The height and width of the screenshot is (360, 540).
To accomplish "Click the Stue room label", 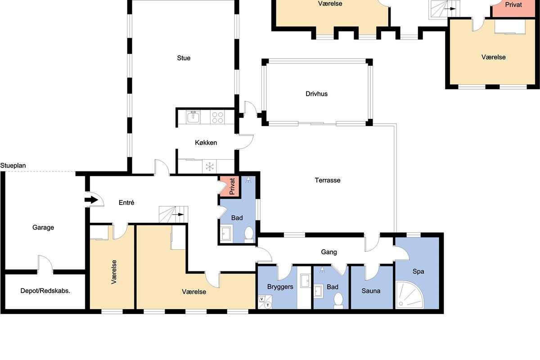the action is [x=184, y=58].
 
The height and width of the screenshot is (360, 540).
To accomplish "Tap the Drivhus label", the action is [x=316, y=94].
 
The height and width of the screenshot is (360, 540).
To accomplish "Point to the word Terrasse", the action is [x=328, y=180].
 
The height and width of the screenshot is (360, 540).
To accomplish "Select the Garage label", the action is [x=43, y=227].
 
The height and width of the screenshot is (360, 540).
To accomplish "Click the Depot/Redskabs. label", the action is [x=45, y=291].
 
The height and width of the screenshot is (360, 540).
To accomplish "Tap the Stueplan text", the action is [x=13, y=166].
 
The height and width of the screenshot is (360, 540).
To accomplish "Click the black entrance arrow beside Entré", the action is [x=91, y=200].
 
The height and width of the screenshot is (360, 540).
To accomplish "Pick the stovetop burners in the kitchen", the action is [x=217, y=117].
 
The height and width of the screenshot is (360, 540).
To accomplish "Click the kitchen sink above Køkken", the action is [x=193, y=117].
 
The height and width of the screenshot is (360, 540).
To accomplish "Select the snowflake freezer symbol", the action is [x=210, y=166].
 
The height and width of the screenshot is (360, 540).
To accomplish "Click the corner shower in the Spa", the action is [x=409, y=295].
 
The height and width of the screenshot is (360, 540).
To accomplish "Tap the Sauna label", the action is [x=371, y=291].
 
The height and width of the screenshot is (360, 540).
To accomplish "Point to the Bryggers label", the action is [x=280, y=287].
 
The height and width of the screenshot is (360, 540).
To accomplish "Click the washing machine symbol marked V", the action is [x=261, y=299].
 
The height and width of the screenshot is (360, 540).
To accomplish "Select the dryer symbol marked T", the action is [x=268, y=305].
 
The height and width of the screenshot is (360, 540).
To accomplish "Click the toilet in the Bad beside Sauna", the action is [x=338, y=301].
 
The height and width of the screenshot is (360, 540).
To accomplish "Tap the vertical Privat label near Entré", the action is [x=232, y=186].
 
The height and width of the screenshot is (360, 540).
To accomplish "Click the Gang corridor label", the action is [x=329, y=252].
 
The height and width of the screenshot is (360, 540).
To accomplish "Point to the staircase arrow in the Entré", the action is [x=178, y=214].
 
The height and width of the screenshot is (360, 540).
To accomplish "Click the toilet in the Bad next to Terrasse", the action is [x=249, y=234].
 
